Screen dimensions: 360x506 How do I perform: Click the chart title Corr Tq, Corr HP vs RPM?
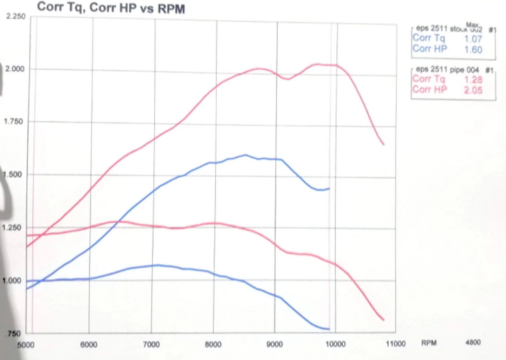111,7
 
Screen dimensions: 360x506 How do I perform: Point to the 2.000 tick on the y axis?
15,69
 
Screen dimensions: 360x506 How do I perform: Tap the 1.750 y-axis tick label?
13,122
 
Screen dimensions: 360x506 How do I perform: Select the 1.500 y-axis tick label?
13,174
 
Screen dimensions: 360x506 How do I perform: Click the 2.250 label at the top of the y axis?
16,16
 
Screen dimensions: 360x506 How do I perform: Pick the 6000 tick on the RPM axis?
89,345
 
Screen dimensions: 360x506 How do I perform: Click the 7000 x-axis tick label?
151,345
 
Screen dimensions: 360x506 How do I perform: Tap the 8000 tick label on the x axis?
213,345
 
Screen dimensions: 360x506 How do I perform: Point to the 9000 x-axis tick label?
275,344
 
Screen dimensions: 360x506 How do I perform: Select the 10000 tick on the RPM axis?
335,344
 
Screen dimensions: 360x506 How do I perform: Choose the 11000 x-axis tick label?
395,344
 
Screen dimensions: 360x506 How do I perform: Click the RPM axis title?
429,343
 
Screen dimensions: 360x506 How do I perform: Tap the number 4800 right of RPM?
473,342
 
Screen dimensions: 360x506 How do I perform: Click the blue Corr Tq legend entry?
429,38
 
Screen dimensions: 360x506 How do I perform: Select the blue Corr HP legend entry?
429,49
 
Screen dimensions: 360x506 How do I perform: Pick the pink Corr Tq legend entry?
428,79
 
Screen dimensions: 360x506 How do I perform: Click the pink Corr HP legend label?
429,90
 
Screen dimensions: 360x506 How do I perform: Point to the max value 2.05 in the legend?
473,90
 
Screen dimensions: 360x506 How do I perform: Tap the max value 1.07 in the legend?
473,39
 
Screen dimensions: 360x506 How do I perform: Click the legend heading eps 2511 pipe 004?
447,70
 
